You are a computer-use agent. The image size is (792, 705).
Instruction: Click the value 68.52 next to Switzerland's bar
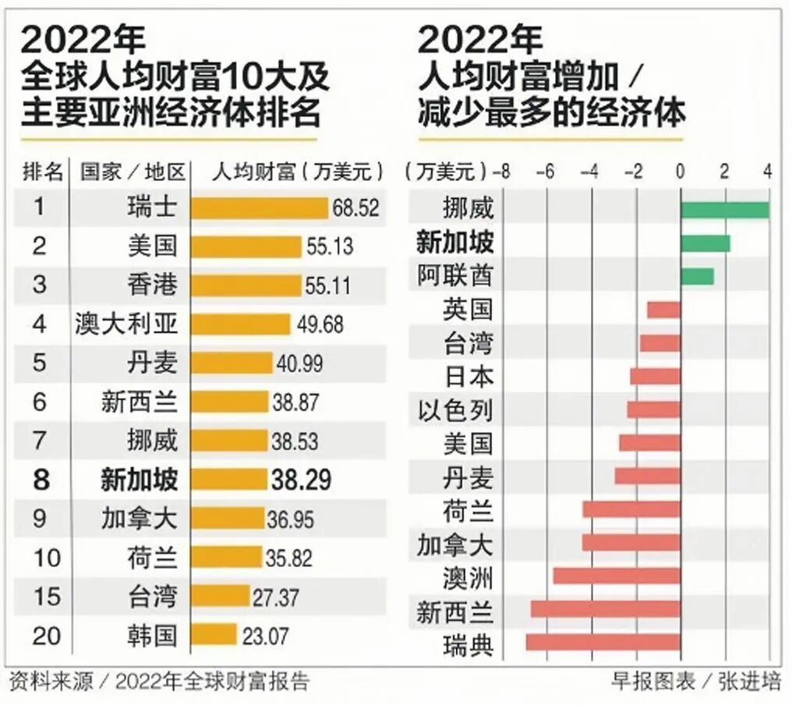coord(355,208)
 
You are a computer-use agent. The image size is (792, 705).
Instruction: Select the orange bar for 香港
coord(246,285)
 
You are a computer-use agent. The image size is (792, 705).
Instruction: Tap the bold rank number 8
coord(41,480)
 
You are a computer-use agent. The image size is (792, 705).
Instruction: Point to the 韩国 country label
coord(152,635)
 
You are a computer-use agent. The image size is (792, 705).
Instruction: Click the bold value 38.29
coord(301,480)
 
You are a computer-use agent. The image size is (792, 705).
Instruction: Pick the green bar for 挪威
coord(724,210)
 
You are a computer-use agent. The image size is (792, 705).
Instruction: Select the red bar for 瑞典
coord(603,643)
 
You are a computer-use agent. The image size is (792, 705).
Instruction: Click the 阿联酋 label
coord(455,276)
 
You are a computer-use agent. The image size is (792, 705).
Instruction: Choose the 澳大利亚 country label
coord(126,324)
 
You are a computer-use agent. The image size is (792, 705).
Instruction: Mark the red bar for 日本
coord(655,377)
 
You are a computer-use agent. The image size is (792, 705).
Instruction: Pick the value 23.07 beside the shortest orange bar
coord(265,635)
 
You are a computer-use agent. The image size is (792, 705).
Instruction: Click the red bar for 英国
coord(663,310)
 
